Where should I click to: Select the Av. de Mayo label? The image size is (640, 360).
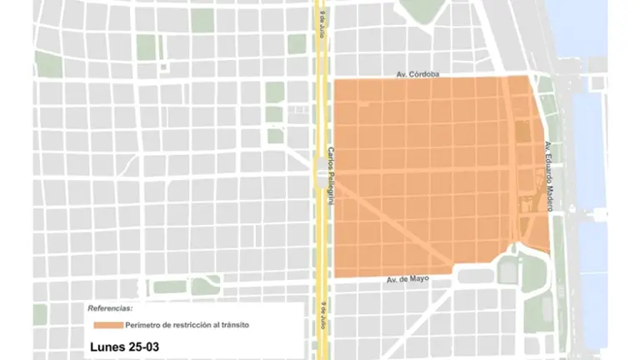coord(408,278)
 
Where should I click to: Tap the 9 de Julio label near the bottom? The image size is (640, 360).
coord(319,317)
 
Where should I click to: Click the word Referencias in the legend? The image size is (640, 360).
coord(109,308)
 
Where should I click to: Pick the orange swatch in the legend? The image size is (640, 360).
coord(107,324)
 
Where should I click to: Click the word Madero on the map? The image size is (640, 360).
coord(548,196)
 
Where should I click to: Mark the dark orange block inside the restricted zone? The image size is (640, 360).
coord(522,131)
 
